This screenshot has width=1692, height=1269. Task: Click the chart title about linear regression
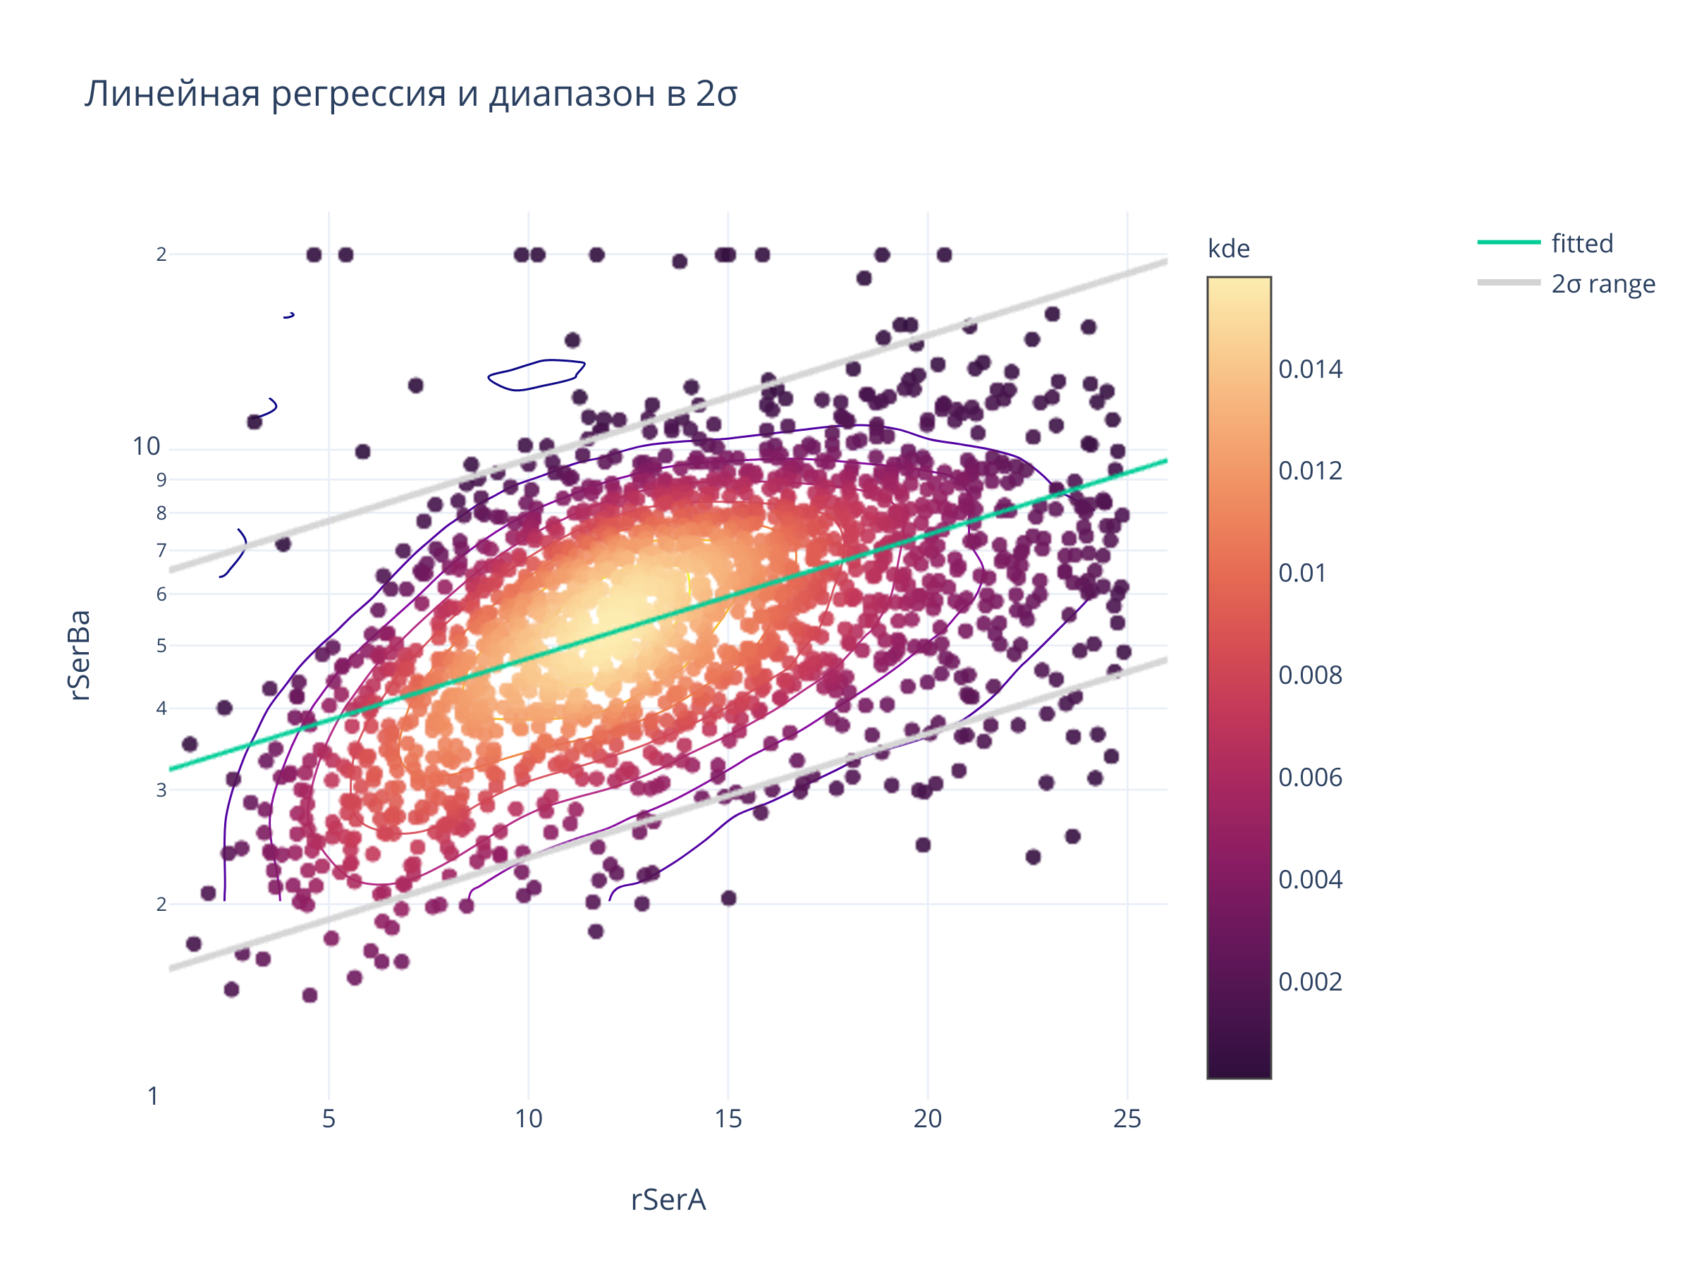point(411,94)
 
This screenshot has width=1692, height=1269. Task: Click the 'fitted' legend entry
point(1582,243)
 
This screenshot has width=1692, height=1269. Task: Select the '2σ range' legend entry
point(1602,284)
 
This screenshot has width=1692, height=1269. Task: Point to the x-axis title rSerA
point(668,1199)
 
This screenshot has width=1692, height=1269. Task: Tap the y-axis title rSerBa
point(80,655)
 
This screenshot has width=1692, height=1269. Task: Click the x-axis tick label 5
point(329,1119)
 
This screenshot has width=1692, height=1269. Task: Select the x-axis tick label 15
point(728,1119)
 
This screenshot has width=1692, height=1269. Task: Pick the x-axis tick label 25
point(1127,1119)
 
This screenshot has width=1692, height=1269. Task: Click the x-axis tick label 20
point(927,1119)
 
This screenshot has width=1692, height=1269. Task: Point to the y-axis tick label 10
point(146,447)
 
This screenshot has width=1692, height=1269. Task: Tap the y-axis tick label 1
point(153,1096)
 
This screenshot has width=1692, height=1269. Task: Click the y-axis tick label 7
point(161,550)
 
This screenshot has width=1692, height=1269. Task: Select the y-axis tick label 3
point(161,790)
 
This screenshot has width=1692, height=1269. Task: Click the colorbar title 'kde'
point(1228,249)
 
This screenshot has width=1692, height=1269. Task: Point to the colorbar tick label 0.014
point(1310,369)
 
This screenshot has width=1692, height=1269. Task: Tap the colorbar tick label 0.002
point(1310,982)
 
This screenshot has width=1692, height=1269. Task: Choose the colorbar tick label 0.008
point(1310,675)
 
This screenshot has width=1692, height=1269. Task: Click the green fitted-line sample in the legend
point(1509,242)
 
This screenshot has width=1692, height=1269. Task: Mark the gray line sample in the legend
point(1509,282)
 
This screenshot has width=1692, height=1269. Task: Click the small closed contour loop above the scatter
point(537,375)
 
